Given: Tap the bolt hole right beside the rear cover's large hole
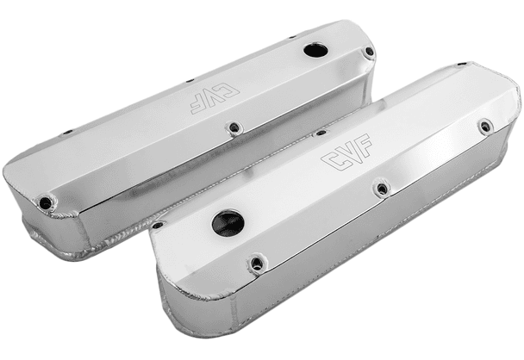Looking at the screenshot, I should coord(369,53).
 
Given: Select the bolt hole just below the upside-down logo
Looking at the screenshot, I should coord(233,128).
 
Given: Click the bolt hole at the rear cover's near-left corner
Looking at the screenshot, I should coord(45,203).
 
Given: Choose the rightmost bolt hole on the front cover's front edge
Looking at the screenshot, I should coord(485,127).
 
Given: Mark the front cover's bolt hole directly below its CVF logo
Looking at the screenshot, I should coord(382,187).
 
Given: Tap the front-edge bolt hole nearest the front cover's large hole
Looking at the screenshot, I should coord(256,264).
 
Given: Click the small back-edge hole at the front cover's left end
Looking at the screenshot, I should coord(158,225).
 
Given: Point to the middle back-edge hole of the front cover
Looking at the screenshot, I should coord(321,132).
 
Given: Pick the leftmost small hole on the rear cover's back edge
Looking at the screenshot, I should coord(68,132).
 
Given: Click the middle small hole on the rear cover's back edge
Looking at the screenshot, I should coord(190,80).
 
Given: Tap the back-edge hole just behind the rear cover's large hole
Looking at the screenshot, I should coord(291,38).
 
